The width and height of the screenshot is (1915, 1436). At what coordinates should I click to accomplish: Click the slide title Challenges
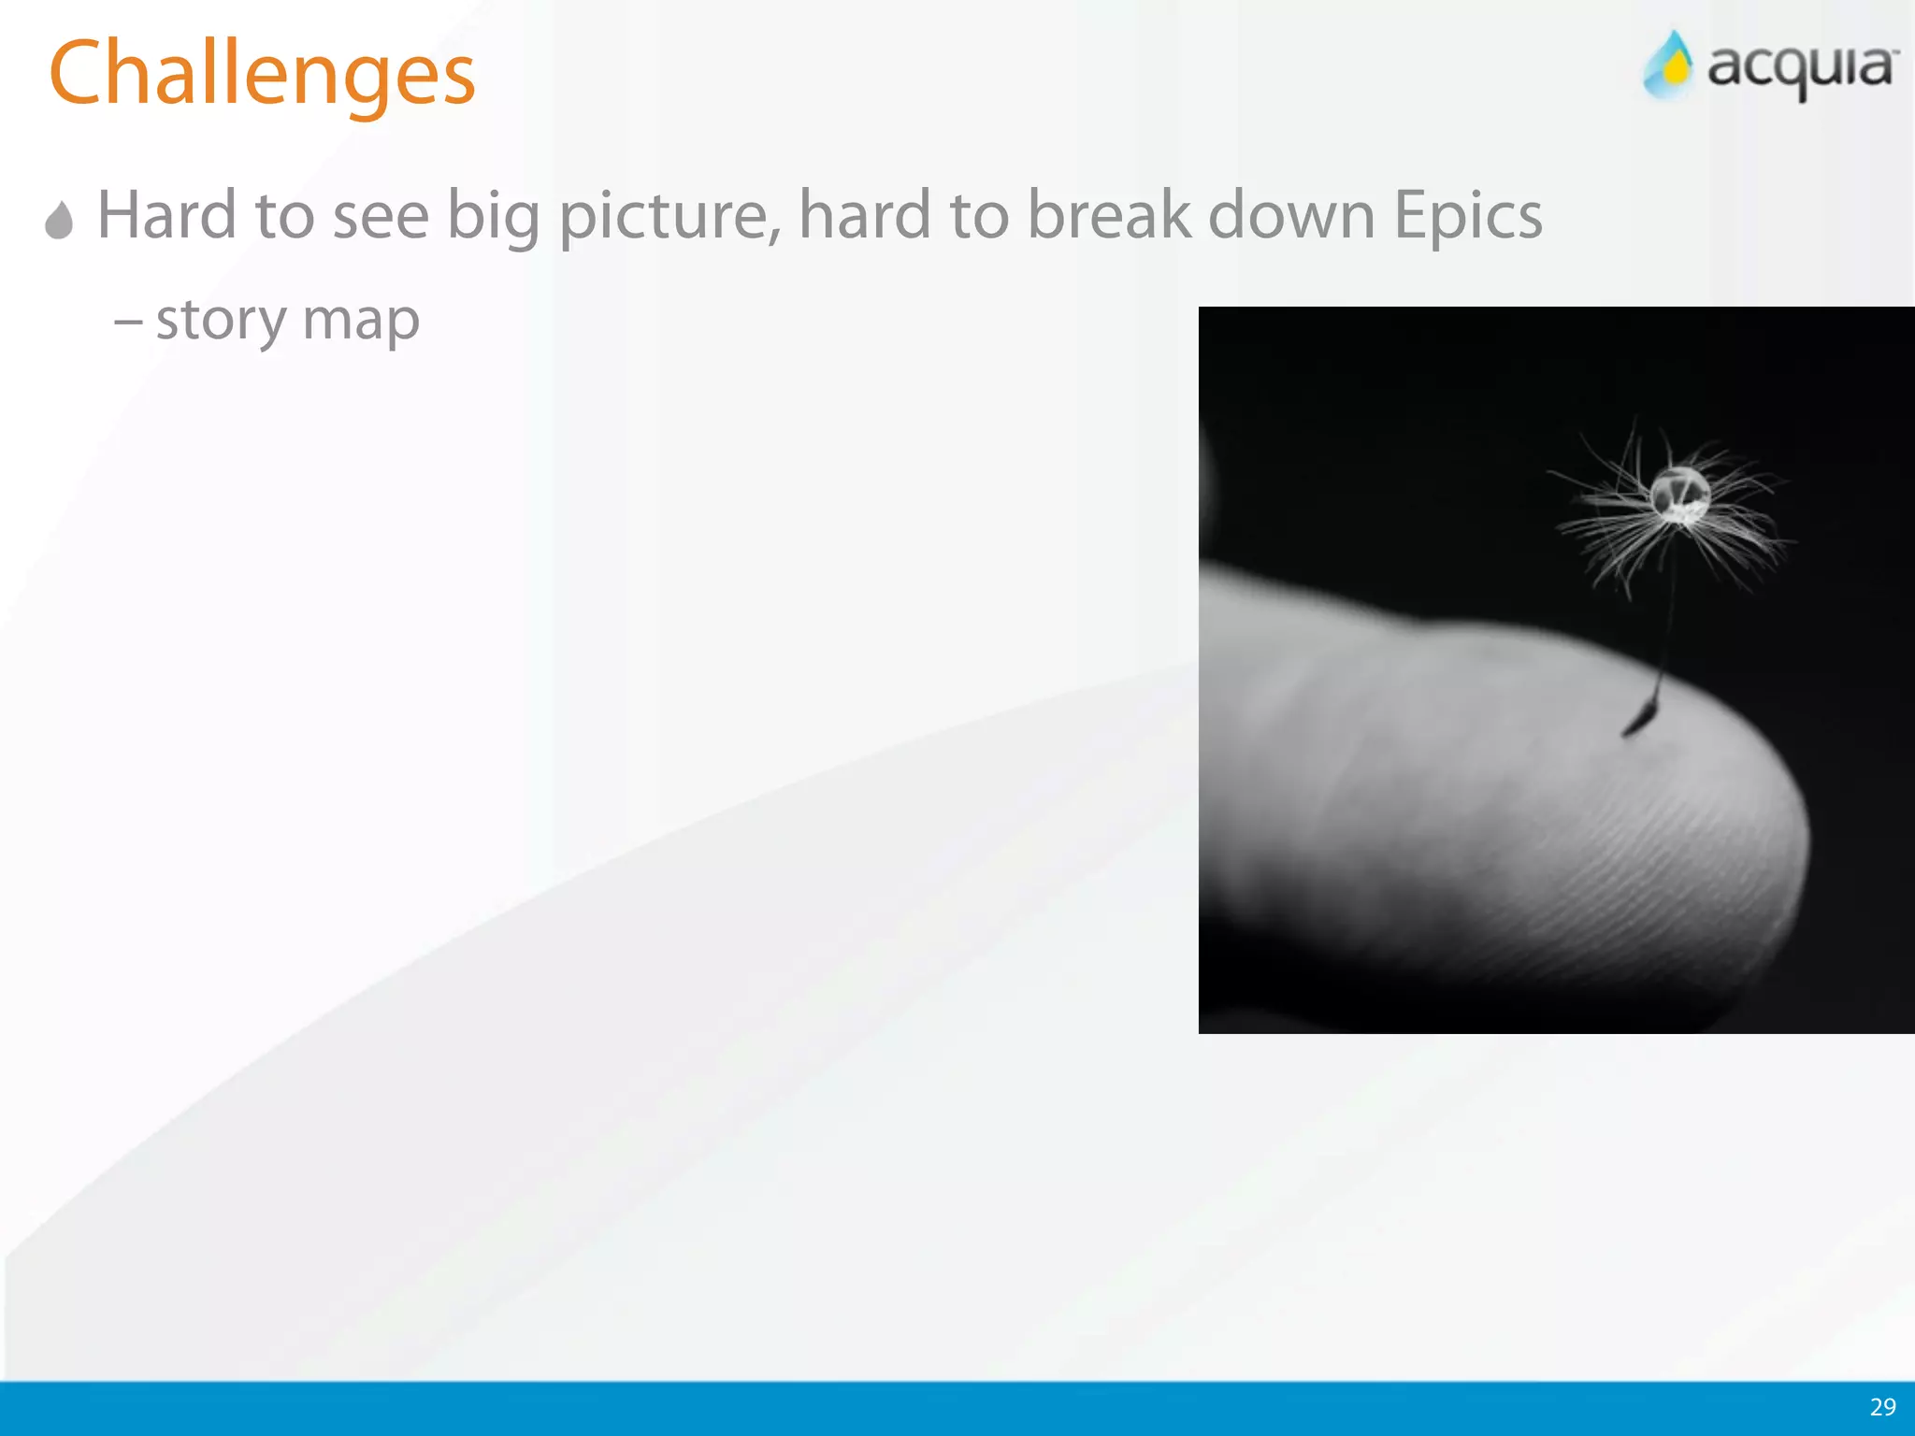coord(262,75)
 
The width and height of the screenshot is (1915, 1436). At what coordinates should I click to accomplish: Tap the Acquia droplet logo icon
coord(1669,65)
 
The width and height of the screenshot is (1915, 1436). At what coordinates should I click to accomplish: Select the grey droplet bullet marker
coord(59,221)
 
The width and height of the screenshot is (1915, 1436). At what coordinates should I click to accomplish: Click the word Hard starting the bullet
coord(166,215)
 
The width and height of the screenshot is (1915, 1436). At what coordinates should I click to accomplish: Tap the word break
coord(1108,215)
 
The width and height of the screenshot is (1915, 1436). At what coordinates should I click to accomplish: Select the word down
coord(1290,215)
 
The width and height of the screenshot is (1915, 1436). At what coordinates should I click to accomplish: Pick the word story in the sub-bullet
coord(221,321)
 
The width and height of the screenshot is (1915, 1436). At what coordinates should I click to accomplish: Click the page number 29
coord(1882,1407)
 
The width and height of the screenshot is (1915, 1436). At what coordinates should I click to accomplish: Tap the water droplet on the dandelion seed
coord(1679,493)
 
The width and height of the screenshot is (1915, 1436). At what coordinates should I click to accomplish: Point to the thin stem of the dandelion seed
coord(1667,617)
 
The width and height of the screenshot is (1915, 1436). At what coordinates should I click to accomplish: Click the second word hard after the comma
coord(865,215)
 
